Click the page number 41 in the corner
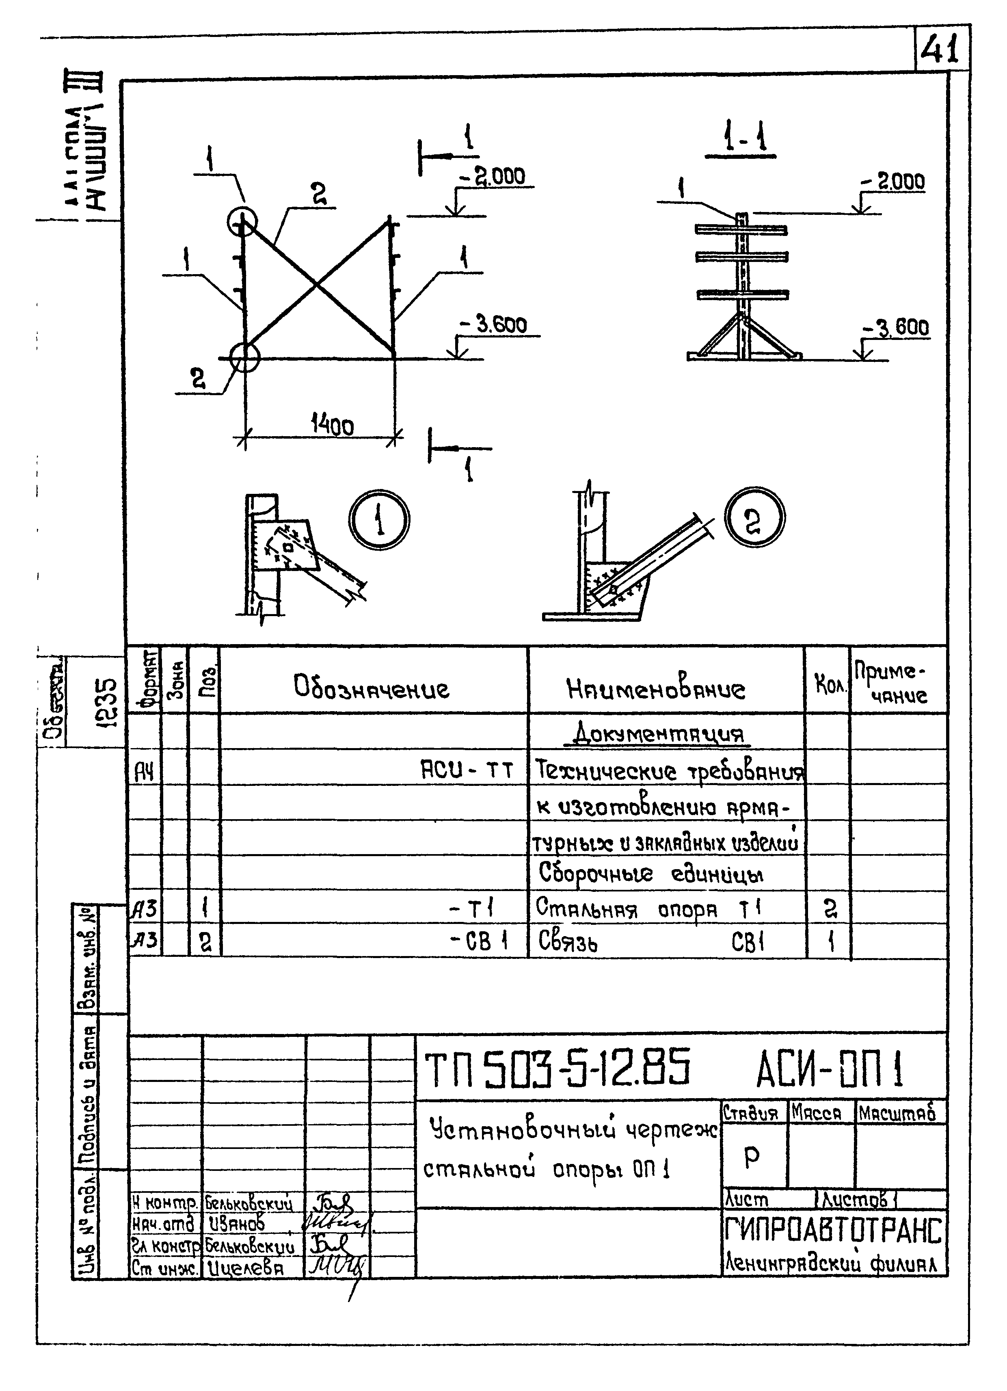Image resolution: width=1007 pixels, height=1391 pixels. point(940,49)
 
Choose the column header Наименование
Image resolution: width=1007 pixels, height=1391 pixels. point(656,689)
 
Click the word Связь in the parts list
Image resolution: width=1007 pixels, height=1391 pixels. point(567,941)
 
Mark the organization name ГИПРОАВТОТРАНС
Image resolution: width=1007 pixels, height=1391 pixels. point(832,1230)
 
